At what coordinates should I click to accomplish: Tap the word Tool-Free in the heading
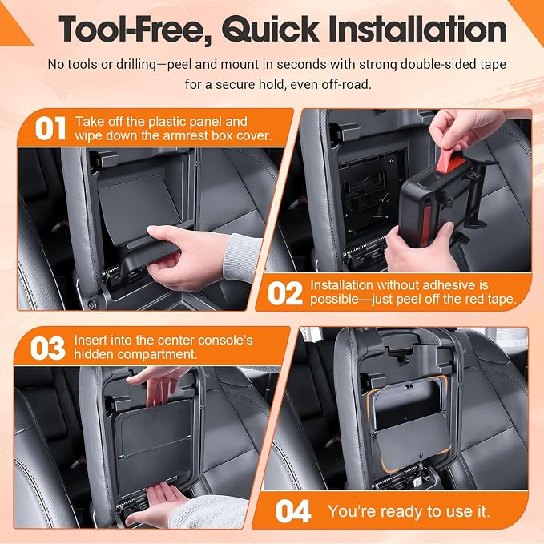coord(135,30)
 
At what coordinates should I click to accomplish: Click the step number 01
coord(50,128)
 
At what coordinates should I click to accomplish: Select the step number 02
coord(285,293)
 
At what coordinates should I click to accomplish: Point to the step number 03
coord(48,348)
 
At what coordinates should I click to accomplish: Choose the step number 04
coord(293,511)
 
